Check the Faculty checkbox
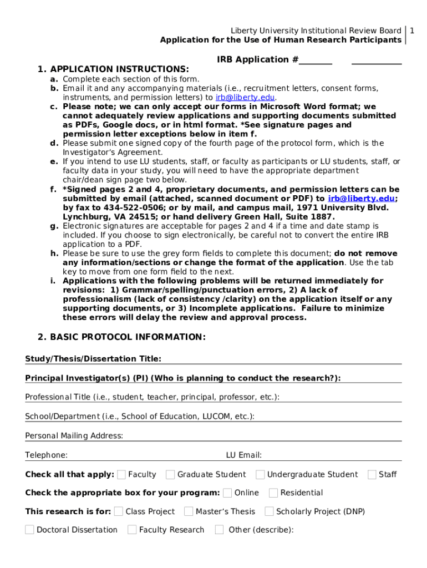121,474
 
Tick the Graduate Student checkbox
170,474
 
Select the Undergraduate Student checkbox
260,474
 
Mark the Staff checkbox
372,474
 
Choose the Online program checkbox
227,493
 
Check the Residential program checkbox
273,493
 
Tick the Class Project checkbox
119,511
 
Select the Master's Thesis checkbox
189,511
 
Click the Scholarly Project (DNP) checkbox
269,511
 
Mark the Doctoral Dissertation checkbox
29,530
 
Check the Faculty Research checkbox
132,530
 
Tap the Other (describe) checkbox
220,530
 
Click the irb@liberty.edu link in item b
245,97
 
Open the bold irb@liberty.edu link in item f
361,199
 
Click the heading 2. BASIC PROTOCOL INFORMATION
121,337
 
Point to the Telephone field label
47,455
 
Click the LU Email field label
243,455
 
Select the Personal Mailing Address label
74,436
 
